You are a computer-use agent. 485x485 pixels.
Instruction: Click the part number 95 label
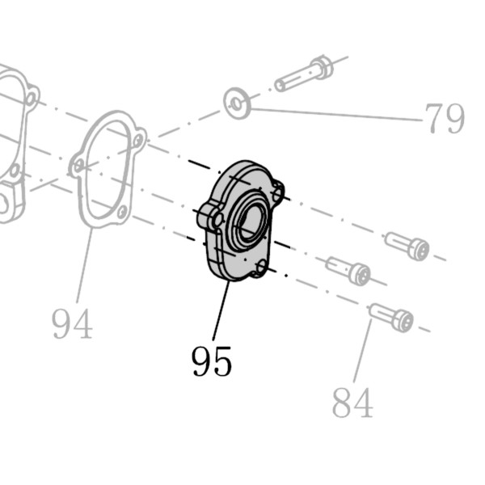[x=212, y=361]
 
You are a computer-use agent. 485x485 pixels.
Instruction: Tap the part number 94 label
[x=73, y=324]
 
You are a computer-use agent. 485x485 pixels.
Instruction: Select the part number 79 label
[x=445, y=118]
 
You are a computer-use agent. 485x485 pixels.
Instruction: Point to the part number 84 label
[x=352, y=403]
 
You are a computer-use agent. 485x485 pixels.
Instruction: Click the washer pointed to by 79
[x=237, y=103]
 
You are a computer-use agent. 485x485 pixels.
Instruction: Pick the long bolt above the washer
[x=304, y=73]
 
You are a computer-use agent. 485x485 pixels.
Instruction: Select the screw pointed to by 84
[x=391, y=317]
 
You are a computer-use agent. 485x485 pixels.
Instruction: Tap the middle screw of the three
[x=348, y=270]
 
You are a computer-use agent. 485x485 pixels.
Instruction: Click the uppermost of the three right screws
[x=407, y=246]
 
